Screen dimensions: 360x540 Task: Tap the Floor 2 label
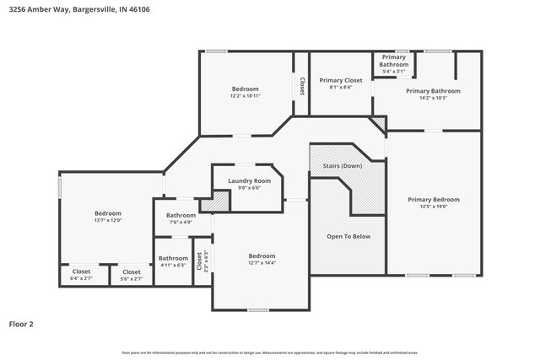coord(21,323)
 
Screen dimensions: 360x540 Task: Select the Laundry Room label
coord(249,180)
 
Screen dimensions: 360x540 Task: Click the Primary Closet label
coord(340,80)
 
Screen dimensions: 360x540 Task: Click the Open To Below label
coord(348,236)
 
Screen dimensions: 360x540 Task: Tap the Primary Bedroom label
coord(433,199)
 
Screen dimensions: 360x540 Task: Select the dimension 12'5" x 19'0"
coord(433,207)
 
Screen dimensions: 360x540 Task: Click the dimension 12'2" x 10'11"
coord(245,95)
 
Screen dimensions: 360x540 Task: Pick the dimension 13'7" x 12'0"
coord(107,220)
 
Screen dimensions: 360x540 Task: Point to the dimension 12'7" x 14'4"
coord(262,262)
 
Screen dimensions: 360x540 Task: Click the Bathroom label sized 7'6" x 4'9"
coord(181,215)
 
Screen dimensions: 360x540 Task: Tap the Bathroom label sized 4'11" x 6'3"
coord(173,258)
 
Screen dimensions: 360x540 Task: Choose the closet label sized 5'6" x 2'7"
coord(131,271)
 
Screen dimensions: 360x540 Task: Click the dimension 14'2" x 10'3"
coord(433,98)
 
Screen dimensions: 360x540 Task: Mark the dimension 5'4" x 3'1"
coord(393,72)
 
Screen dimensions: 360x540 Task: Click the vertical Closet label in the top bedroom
coord(301,85)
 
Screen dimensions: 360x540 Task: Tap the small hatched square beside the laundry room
coord(219,201)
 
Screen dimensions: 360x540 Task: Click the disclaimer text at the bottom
coord(270,352)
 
